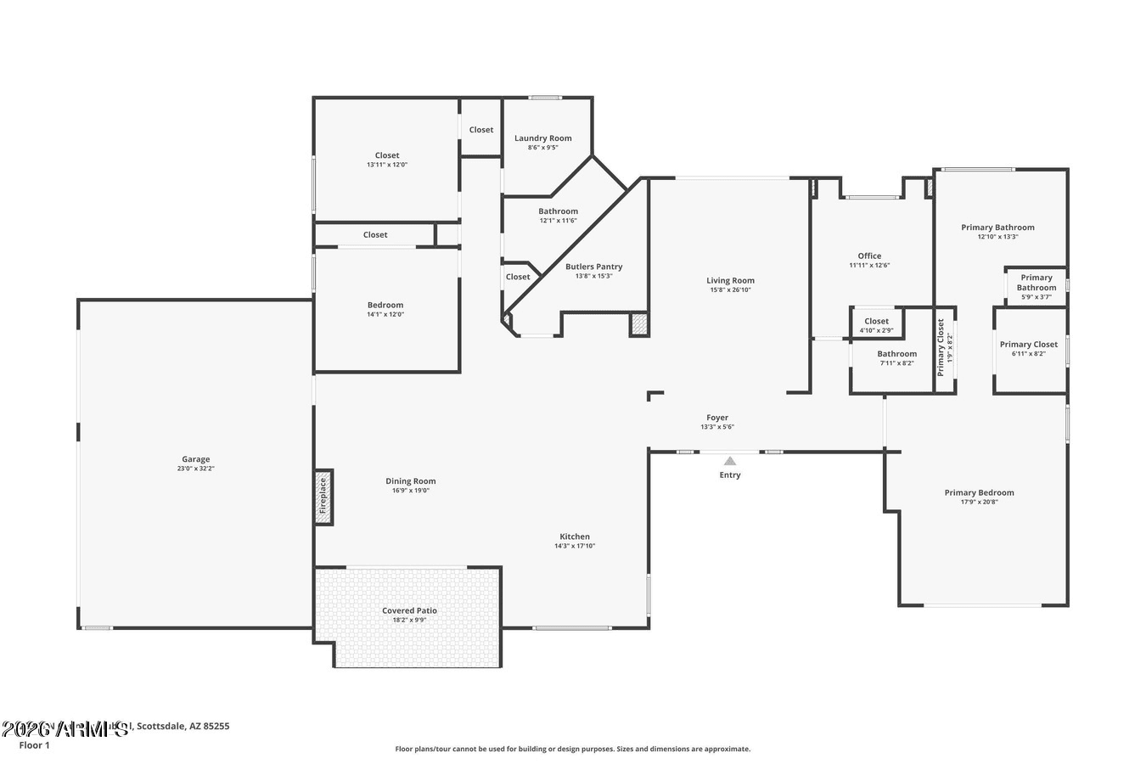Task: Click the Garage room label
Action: click(195, 459)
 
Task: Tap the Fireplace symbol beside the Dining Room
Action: click(323, 497)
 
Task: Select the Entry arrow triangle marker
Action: click(729, 461)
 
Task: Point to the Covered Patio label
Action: click(409, 610)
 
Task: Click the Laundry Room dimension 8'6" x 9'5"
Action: click(542, 148)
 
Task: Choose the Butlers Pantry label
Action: click(593, 267)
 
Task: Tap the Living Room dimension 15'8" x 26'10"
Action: click(730, 290)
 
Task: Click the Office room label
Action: click(869, 256)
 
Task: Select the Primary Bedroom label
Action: click(979, 492)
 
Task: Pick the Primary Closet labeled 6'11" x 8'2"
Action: click(1028, 345)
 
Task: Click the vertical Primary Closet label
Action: click(941, 347)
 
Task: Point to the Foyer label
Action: click(717, 418)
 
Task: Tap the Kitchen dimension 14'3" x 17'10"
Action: click(575, 546)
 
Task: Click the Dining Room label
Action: click(411, 481)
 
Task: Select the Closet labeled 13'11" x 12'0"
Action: click(387, 155)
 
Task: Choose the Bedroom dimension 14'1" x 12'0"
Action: click(385, 315)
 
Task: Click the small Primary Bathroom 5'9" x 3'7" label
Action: click(1036, 283)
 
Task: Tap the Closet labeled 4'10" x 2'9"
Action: click(876, 322)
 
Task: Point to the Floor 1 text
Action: click(35, 745)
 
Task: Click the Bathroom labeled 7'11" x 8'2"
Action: click(896, 354)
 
